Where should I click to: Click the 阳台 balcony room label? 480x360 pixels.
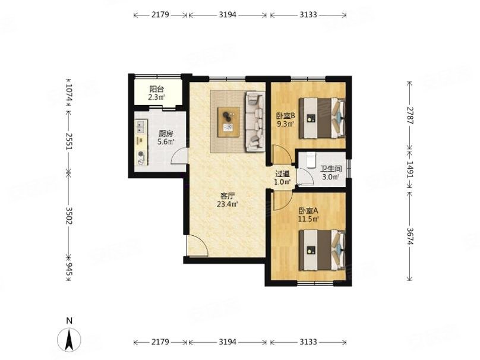tap(157, 89)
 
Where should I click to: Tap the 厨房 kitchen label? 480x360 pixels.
tap(166, 134)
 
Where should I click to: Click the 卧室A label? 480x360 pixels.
tap(308, 210)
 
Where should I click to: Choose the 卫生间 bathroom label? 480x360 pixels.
tap(330, 168)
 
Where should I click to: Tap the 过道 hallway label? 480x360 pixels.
tap(282, 174)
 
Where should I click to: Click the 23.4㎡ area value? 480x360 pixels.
tap(228, 205)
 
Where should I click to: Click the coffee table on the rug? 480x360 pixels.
tap(228, 121)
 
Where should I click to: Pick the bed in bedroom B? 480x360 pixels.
tap(321, 118)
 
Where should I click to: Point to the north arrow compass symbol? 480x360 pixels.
tap(69, 340)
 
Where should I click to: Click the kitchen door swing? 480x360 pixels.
tap(176, 156)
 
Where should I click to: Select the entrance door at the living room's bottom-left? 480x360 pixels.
tap(196, 246)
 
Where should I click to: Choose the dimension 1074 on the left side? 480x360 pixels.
tap(69, 92)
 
